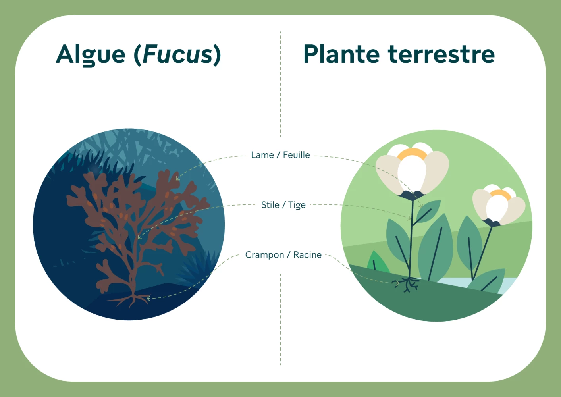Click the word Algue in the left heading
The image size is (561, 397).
point(91,55)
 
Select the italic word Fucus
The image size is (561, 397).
point(177,54)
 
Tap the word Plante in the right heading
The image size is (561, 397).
point(341,54)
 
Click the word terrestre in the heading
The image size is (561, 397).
point(441,54)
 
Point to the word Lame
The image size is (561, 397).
point(262,155)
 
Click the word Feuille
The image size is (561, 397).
point(296,155)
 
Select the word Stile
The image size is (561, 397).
point(270,205)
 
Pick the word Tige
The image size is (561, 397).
point(297,205)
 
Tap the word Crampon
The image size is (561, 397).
point(264,255)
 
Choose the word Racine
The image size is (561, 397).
point(307,255)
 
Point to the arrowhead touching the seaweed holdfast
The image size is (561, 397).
point(148,298)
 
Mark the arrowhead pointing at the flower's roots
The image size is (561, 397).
point(397,283)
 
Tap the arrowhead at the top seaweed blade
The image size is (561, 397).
point(177,179)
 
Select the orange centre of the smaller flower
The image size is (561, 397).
point(500,194)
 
